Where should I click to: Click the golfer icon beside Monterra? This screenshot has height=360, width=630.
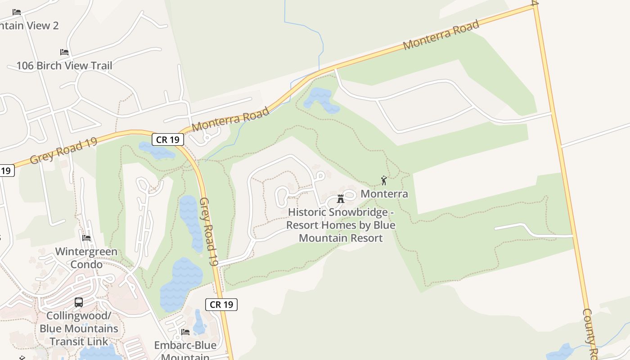[x=384, y=180]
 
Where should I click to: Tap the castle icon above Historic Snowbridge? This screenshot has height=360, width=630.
[x=341, y=198]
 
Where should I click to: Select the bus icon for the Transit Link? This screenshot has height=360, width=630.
[x=79, y=302]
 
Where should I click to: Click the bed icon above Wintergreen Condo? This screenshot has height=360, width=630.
[x=86, y=238]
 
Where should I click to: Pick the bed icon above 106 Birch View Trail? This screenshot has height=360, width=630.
[x=64, y=52]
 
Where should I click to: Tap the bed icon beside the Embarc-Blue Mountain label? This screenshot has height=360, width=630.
[x=185, y=332]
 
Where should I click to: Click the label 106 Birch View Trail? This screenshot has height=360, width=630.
[x=64, y=66]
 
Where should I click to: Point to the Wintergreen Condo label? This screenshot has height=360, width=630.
[x=86, y=258]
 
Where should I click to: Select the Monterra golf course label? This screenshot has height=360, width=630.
[x=384, y=194]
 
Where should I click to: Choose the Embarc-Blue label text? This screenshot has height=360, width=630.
[x=185, y=346]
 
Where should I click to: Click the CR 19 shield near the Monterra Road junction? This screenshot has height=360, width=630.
[x=168, y=140]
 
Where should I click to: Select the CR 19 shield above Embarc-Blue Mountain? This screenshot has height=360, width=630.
[x=221, y=305]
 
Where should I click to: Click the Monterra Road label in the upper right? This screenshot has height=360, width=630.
[x=441, y=36]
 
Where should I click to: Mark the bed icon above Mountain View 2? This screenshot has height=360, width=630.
[x=17, y=12]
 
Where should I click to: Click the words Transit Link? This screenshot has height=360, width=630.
[x=79, y=342]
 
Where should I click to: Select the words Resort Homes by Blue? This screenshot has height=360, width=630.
[x=341, y=225]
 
